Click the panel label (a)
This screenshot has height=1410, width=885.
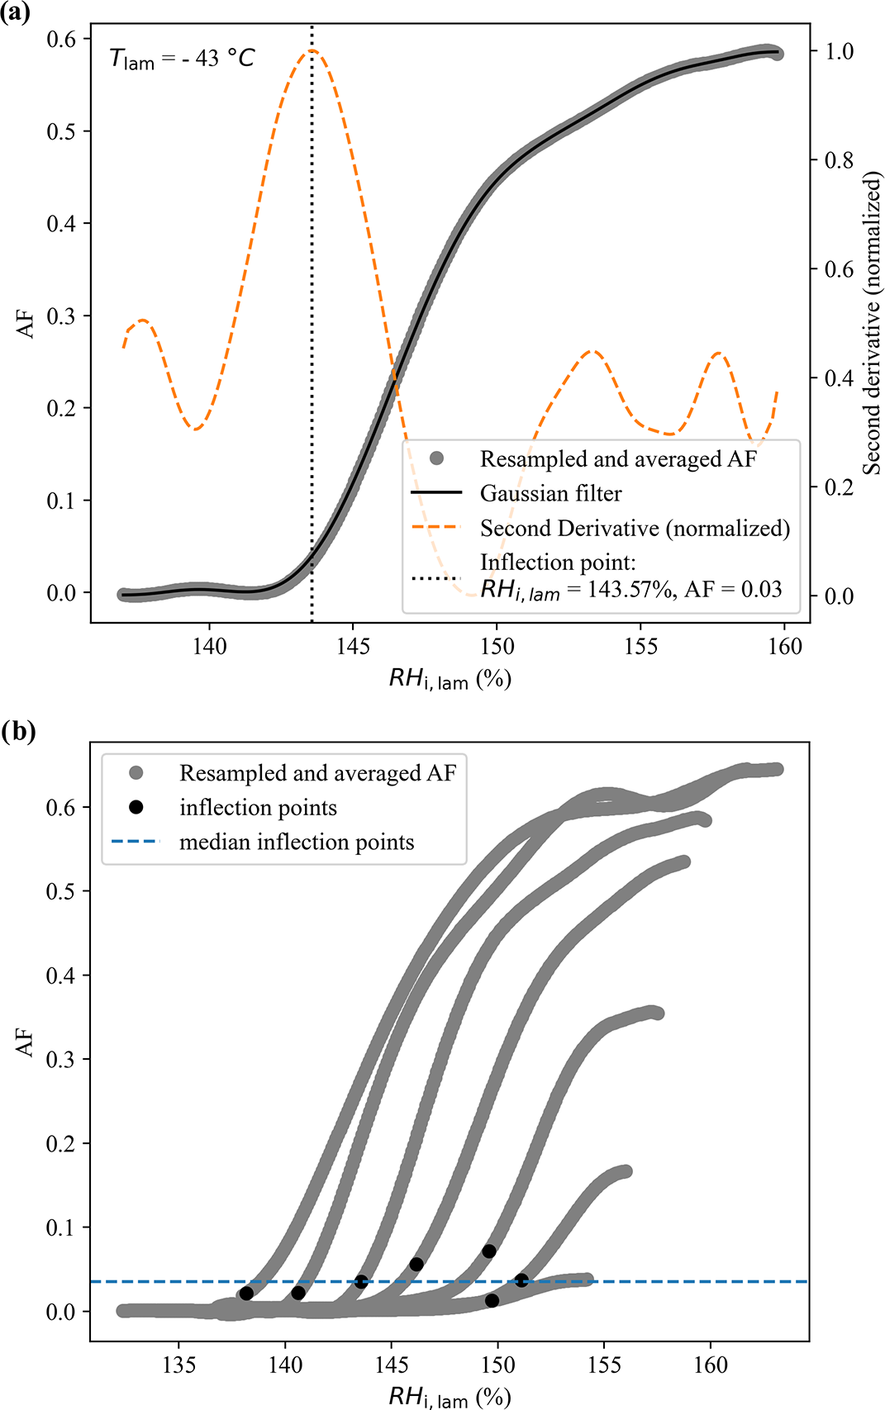16,14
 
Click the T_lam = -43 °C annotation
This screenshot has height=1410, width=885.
182,59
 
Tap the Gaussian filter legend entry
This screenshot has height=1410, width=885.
550,494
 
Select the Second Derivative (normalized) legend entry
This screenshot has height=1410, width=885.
635,529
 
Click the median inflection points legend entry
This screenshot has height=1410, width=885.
297,843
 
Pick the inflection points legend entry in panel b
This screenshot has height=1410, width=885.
258,808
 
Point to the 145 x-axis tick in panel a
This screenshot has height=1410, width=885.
353,646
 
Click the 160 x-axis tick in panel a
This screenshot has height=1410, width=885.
784,646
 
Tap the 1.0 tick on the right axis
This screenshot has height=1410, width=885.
839,51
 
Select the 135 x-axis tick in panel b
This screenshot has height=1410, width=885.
179,1365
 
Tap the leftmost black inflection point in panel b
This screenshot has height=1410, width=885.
246,1294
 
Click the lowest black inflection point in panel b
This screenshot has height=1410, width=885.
492,1300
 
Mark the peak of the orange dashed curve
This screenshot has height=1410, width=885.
312,51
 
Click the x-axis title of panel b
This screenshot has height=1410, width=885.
450,1396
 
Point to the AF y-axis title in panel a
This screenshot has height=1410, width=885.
26,323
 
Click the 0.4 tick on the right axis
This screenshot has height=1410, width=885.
839,378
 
